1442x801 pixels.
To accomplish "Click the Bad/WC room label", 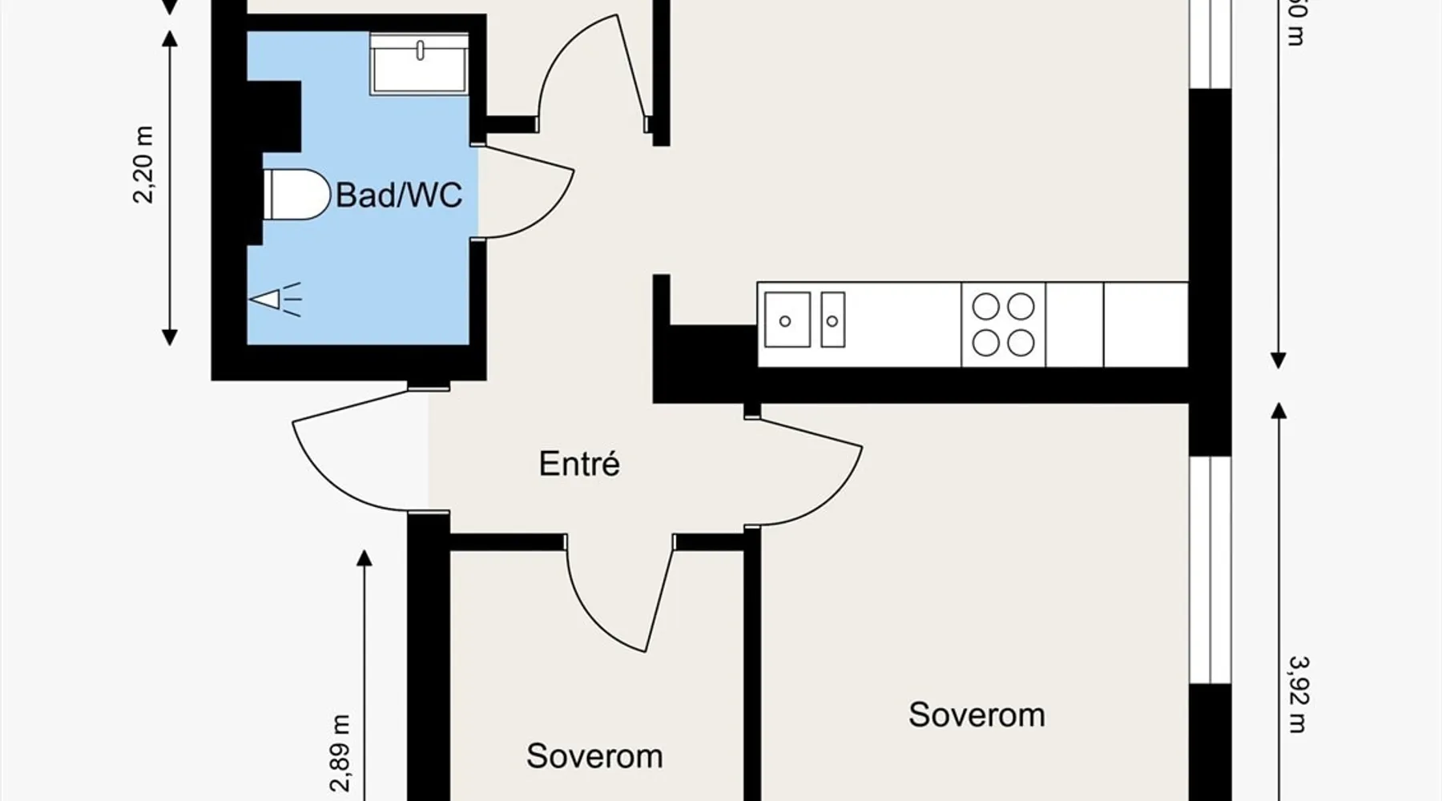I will tap(398, 195).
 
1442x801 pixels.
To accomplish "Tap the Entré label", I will tap(578, 464).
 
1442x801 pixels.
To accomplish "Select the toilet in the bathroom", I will tap(296, 195).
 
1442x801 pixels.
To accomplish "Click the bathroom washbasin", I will tap(419, 63).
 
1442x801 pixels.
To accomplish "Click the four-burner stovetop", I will tap(1003, 324).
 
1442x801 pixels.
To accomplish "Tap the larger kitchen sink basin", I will tap(787, 320).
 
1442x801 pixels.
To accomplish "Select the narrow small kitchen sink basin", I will tap(832, 320).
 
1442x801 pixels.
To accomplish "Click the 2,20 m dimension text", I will tap(145, 163).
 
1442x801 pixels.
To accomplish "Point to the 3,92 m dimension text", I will tap(1299, 694).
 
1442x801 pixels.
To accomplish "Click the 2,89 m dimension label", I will tap(342, 753).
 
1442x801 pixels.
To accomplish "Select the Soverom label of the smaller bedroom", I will tap(594, 756).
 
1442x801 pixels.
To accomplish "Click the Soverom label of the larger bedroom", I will tap(977, 714).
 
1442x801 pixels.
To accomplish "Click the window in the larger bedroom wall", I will tap(1209, 570).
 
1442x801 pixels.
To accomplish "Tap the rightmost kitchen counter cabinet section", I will tap(1146, 324).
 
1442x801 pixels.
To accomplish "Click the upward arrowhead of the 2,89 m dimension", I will tap(365, 558).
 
